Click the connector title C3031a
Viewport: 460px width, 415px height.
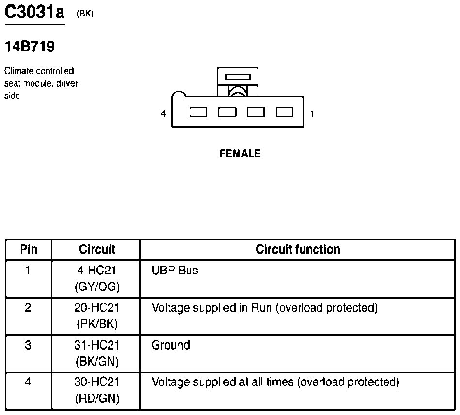coord(33,12)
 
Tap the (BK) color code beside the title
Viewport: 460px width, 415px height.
coord(85,14)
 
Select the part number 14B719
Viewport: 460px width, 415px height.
coord(29,47)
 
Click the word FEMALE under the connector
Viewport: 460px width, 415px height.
coord(240,154)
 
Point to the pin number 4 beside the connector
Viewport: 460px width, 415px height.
coord(164,113)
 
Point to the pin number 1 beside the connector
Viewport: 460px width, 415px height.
coord(312,114)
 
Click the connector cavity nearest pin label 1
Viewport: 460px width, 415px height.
coord(285,112)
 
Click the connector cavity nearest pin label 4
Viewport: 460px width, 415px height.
coord(198,112)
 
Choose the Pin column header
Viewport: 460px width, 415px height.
coord(29,249)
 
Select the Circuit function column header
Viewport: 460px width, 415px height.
coord(298,249)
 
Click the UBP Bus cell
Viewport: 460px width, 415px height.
coord(175,271)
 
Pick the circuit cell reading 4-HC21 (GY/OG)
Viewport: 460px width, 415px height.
coord(96,279)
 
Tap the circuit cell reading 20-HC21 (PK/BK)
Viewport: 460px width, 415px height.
coord(96,316)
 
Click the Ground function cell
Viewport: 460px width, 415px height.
coord(171,345)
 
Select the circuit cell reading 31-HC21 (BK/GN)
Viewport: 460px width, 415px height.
coord(96,353)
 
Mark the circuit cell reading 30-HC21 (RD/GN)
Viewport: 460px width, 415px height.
coord(96,390)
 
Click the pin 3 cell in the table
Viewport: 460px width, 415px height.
coord(28,346)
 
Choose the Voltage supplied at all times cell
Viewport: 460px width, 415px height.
coord(275,382)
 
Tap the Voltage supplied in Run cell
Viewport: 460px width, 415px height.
coord(264,307)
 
